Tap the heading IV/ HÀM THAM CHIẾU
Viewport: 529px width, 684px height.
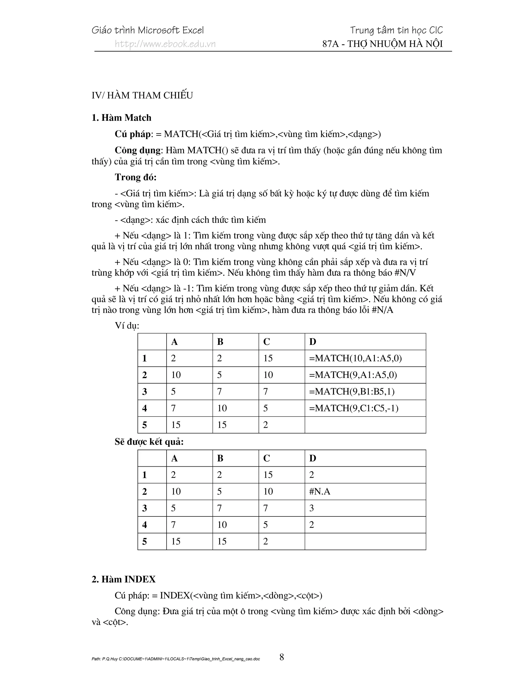(x=142, y=95)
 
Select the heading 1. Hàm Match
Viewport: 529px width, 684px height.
(x=121, y=118)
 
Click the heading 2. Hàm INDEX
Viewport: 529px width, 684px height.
(x=123, y=579)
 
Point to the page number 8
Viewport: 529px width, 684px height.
(x=282, y=657)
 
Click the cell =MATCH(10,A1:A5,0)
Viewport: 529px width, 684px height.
(x=355, y=358)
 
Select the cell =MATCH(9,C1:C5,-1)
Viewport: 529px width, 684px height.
(x=354, y=408)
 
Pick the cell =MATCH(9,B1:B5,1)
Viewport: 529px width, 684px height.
(x=352, y=392)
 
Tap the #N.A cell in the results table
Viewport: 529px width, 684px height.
(x=320, y=491)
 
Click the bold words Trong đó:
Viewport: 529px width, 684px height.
(x=135, y=177)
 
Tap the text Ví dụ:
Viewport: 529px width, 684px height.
(x=127, y=326)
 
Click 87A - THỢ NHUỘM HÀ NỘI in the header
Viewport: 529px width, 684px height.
(x=382, y=44)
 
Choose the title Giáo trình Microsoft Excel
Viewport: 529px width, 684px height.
(x=147, y=30)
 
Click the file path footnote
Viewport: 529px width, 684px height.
(x=175, y=659)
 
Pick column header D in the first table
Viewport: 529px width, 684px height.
(x=313, y=342)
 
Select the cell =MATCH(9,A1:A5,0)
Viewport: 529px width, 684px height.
(x=353, y=375)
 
